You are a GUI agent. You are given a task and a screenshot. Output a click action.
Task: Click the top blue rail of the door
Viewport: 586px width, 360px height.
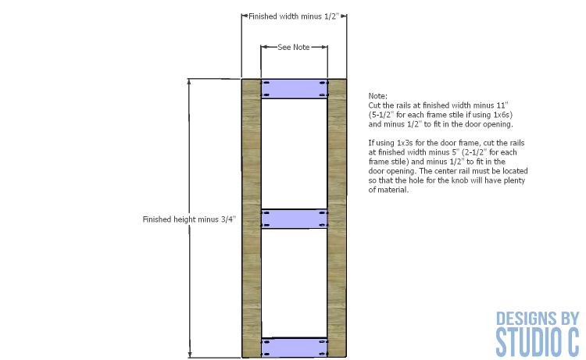[x=294, y=89]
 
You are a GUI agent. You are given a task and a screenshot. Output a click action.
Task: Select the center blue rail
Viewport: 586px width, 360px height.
[x=294, y=219]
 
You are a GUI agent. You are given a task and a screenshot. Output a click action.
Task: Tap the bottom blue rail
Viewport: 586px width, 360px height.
[x=294, y=348]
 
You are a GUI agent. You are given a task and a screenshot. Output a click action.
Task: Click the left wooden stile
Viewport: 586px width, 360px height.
[x=251, y=218]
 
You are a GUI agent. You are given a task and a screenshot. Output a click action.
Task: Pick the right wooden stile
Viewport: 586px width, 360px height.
[x=337, y=218]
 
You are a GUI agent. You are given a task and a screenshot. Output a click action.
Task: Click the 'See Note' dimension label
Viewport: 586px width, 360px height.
[x=293, y=47]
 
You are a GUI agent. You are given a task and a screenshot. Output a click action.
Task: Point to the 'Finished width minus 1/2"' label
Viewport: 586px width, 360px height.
[x=293, y=16]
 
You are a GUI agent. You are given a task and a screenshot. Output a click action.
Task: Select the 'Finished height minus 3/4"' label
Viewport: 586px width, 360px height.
[x=189, y=219]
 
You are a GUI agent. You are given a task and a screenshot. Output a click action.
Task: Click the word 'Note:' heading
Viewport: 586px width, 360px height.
[x=378, y=96]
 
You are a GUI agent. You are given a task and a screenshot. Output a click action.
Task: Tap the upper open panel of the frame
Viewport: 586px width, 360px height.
[x=294, y=154]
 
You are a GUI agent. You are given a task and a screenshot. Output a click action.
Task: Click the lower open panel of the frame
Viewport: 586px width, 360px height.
[x=294, y=283]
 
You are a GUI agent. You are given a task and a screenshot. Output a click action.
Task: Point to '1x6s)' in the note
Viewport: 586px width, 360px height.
[x=503, y=115]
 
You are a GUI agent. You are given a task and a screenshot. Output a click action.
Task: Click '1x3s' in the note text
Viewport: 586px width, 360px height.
[x=405, y=143]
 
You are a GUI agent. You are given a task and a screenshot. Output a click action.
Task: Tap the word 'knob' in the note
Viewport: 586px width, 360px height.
[x=459, y=180]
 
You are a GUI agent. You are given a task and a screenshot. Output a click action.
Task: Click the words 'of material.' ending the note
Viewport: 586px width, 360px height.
[x=388, y=189]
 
